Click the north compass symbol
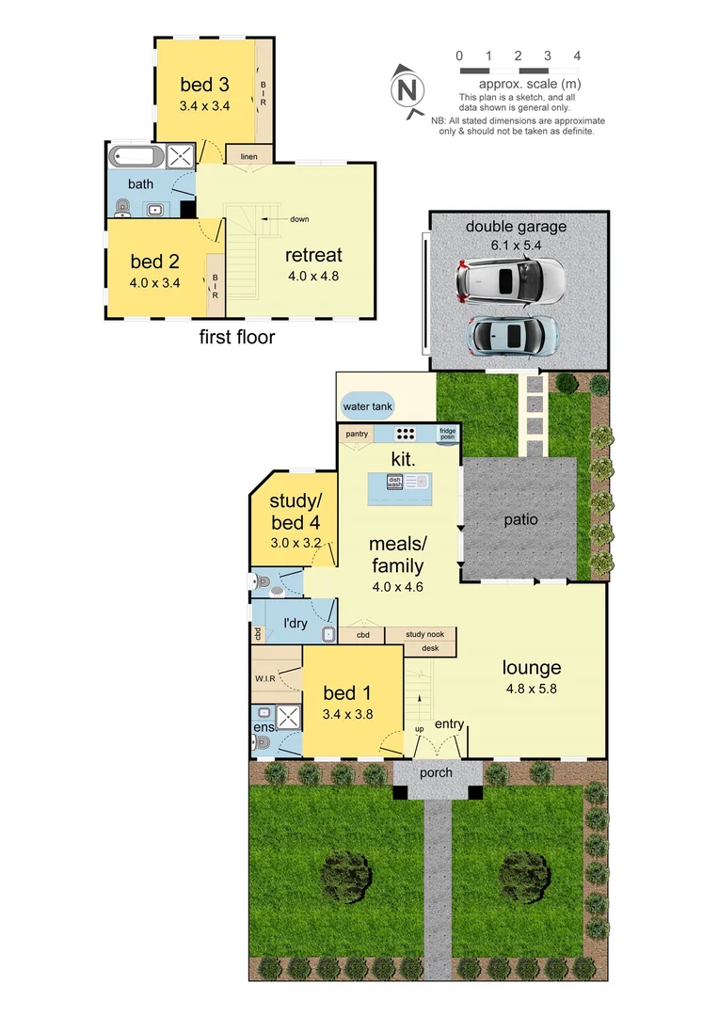coord(407,90)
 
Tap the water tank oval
coord(368,406)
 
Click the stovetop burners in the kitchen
coord(406,434)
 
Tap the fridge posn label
coord(448,434)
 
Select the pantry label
coord(356,434)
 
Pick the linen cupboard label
coord(249,156)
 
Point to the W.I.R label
coord(264,677)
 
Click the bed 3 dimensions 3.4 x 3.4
coord(205,106)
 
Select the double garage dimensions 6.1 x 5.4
coord(516,244)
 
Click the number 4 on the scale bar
coord(577,56)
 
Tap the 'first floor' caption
coord(237,337)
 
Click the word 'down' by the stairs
coord(299,219)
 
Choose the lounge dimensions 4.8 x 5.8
coord(532,688)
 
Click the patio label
coord(519,518)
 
